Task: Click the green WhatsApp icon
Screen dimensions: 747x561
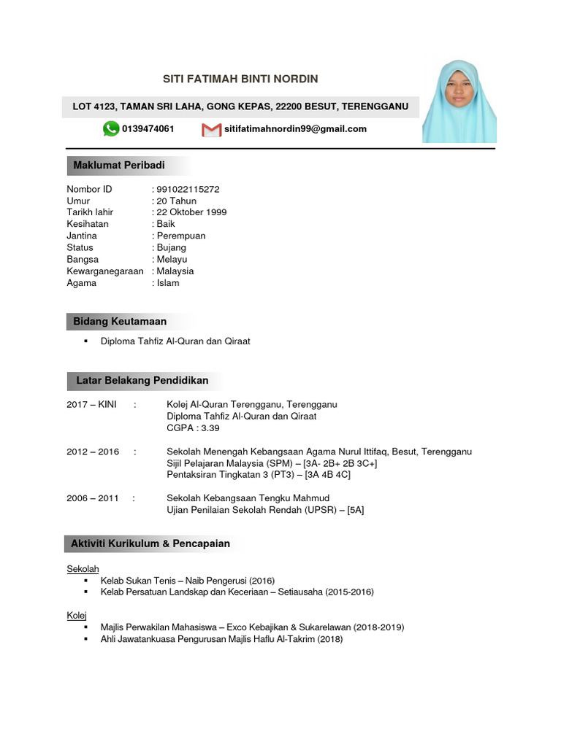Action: coord(111,129)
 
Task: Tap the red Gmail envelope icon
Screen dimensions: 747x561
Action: coord(211,130)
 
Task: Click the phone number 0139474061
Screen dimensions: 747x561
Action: coord(148,129)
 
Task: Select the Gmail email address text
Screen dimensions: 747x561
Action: coord(296,129)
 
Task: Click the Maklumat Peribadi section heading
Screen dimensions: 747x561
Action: coord(119,166)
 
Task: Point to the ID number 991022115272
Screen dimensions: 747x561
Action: coord(188,189)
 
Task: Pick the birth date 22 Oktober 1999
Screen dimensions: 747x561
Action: coord(191,212)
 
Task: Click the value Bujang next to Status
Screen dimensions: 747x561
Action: coord(172,247)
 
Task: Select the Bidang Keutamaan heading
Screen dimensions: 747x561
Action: coord(120,321)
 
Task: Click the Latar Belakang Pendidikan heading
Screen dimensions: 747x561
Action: coord(142,380)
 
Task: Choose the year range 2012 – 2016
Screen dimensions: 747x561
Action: coord(93,452)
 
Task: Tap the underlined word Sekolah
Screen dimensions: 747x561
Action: coord(83,568)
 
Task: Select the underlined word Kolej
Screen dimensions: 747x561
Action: coord(77,616)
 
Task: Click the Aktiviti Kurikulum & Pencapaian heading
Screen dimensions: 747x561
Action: coord(150,543)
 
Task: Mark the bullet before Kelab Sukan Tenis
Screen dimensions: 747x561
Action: coord(86,580)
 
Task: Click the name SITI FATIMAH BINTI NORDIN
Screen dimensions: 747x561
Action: coord(240,79)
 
